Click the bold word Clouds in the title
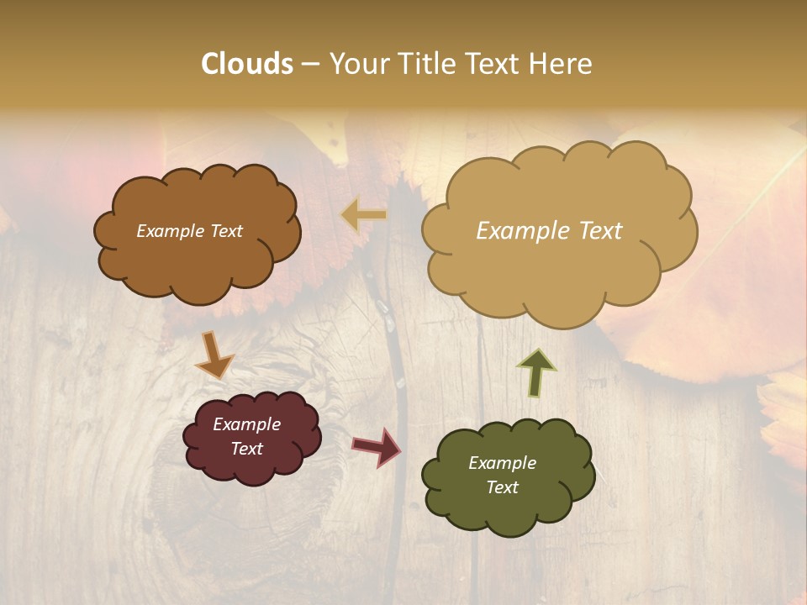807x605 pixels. coord(247,64)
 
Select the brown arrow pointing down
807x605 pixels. coord(214,354)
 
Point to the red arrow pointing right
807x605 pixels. coord(376,446)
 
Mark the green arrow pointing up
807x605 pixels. coord(536,371)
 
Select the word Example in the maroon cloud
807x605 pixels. coord(246,424)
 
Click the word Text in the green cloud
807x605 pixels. coord(502,487)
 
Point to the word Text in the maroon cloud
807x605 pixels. coord(246,449)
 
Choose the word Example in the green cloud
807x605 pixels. coord(502,463)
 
